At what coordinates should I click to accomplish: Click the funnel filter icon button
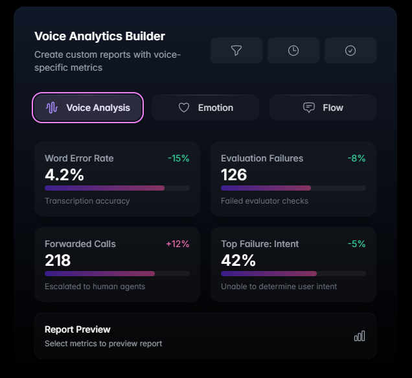(x=236, y=51)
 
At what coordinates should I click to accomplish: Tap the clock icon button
(x=293, y=51)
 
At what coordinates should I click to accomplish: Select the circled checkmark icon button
(x=350, y=51)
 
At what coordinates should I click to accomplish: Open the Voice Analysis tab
(x=87, y=108)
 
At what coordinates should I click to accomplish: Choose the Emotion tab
(x=205, y=108)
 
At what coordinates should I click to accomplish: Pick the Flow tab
(x=323, y=108)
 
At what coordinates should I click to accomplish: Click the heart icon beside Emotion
(x=184, y=108)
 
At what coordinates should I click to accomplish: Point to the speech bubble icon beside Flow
(x=309, y=108)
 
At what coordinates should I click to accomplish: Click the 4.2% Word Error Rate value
(x=64, y=174)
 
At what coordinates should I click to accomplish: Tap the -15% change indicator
(x=179, y=158)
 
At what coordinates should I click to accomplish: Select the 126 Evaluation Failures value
(x=234, y=174)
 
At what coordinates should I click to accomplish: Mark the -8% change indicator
(x=356, y=158)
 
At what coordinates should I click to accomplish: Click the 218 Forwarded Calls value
(x=58, y=260)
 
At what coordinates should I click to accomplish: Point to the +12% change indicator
(x=177, y=244)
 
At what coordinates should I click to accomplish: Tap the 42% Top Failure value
(x=238, y=260)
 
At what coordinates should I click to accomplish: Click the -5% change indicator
(x=356, y=244)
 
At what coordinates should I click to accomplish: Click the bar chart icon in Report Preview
(x=360, y=336)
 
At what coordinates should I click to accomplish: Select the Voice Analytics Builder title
(x=100, y=36)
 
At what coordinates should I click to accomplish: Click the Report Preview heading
(x=78, y=329)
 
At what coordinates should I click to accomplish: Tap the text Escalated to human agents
(x=95, y=286)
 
